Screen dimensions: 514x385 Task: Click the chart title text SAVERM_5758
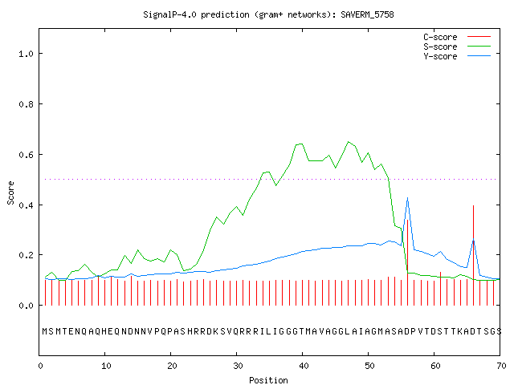[x=367, y=14]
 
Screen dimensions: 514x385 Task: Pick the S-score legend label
[x=440, y=47]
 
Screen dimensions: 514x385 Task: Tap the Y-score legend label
[x=440, y=56]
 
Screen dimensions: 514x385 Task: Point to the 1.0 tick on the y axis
[x=26, y=54]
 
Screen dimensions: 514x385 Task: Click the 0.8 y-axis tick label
[x=26, y=104]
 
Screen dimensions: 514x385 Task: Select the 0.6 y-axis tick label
[x=26, y=155]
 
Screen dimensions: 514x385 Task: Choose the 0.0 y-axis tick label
[x=26, y=306]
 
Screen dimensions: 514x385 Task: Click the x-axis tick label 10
[x=106, y=366]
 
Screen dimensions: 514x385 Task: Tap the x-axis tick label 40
[x=304, y=366]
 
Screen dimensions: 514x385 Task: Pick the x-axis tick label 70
[x=501, y=366]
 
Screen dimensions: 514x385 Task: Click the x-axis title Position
[x=268, y=380]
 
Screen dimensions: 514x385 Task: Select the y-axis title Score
[x=10, y=192]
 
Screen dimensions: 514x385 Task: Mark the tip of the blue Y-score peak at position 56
[x=407, y=198]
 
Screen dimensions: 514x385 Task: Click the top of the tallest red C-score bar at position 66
[x=473, y=205]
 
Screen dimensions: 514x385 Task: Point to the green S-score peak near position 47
[x=348, y=142]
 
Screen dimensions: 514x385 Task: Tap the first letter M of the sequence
[x=45, y=331]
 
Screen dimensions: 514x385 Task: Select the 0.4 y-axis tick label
[x=26, y=205]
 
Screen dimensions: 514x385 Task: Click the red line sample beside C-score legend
[x=479, y=37]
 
